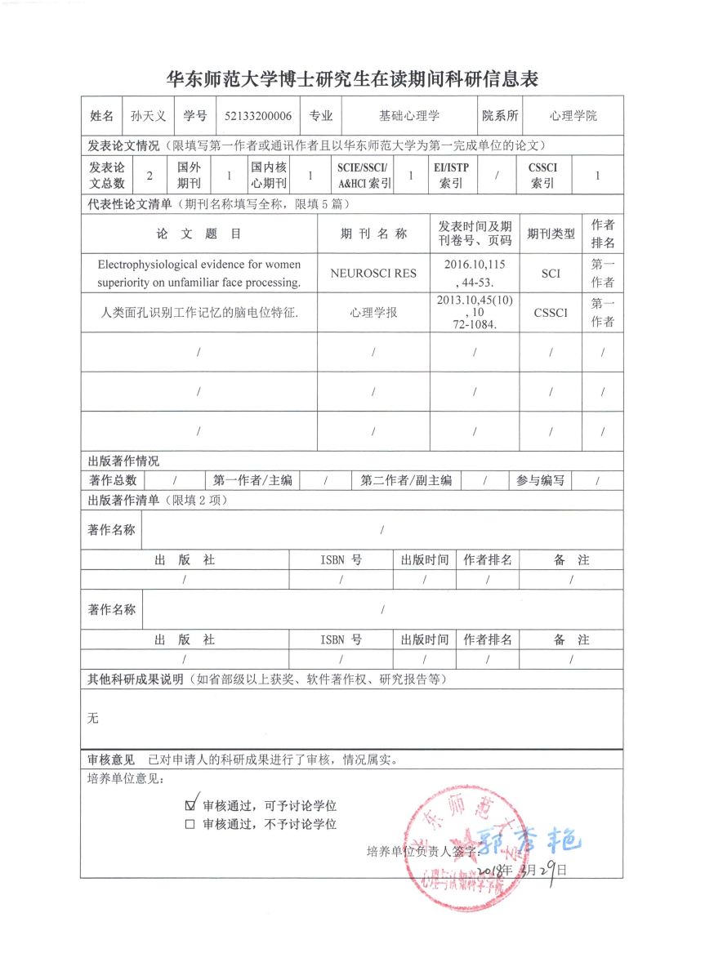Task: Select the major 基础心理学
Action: pyautogui.click(x=408, y=116)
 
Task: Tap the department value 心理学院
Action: pyautogui.click(x=573, y=116)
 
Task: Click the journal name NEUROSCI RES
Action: pyautogui.click(x=373, y=274)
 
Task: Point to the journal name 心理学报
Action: pyautogui.click(x=373, y=313)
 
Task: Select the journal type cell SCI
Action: pyautogui.click(x=551, y=274)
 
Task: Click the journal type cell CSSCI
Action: pyautogui.click(x=551, y=313)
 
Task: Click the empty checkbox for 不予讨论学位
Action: pyautogui.click(x=190, y=825)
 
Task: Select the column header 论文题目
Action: pyautogui.click(x=199, y=234)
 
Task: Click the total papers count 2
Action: pyautogui.click(x=149, y=176)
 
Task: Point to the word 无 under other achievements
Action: pyautogui.click(x=93, y=718)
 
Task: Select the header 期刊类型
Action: pyautogui.click(x=551, y=234)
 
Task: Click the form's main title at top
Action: pyautogui.click(x=352, y=79)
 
